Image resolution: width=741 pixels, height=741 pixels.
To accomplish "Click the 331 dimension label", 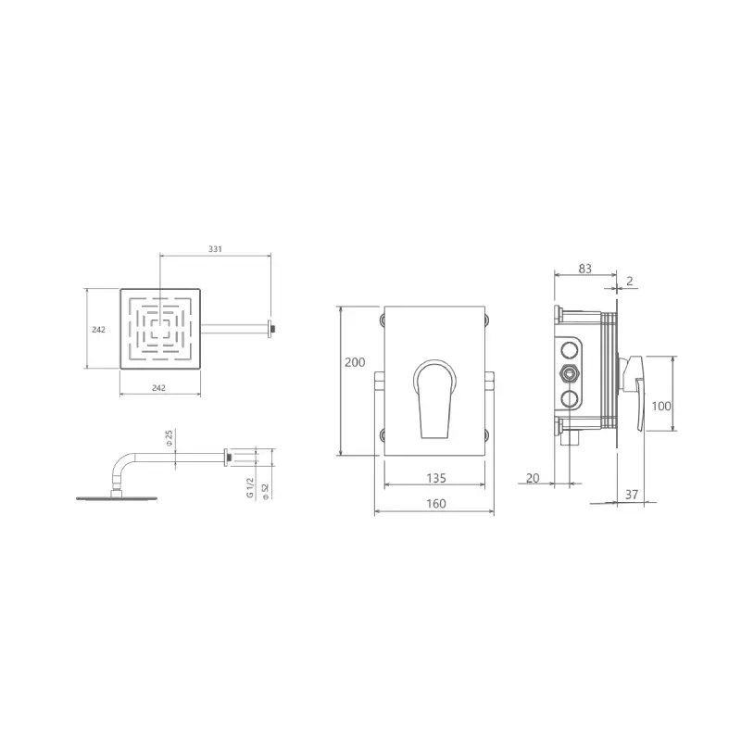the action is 215,248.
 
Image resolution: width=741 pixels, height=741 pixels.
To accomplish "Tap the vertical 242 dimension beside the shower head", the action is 98,330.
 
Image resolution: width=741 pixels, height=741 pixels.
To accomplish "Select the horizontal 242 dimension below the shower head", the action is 158,387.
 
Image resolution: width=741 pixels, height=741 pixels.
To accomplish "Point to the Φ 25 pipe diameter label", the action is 170,438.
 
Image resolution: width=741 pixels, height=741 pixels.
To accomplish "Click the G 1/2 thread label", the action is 250,487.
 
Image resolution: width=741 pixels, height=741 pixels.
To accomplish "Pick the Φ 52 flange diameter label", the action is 265,491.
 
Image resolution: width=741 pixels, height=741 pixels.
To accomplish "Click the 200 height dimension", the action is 355,362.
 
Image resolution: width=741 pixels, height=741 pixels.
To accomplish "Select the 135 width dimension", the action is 436,478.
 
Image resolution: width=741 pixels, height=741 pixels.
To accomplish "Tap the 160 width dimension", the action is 435,503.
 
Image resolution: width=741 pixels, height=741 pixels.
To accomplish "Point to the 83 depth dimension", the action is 585,269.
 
